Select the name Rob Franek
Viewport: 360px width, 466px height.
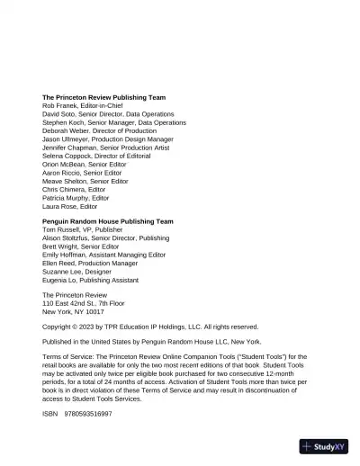[x=62, y=105]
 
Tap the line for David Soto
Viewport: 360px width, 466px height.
[x=62, y=114]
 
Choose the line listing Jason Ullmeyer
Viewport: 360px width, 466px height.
[x=67, y=139]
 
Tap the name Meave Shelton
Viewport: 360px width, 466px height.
[x=66, y=182]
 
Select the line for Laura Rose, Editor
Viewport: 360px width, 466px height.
[x=70, y=207]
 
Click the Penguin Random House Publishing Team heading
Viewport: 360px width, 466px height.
[x=107, y=221]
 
